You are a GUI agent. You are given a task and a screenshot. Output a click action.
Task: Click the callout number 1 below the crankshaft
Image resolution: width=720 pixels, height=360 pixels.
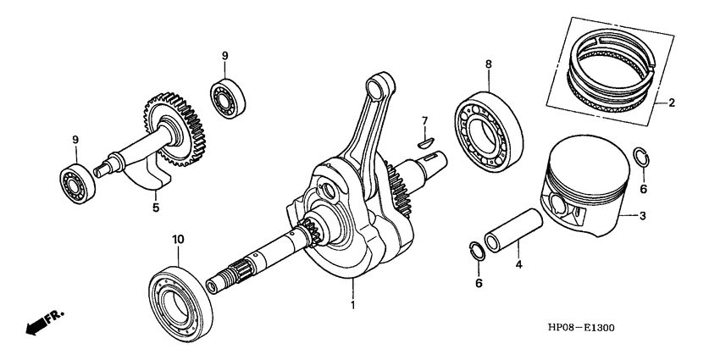pos(352,302)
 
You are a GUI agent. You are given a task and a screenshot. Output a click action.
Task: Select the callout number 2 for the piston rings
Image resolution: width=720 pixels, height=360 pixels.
pos(671,104)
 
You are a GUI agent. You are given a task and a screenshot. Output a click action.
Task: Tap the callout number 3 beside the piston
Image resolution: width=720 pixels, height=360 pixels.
pos(643,217)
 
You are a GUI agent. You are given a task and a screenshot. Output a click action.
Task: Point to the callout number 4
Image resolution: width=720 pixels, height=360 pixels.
pos(518,264)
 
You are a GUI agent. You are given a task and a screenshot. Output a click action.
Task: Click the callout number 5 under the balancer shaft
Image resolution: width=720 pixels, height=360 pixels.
pos(154,206)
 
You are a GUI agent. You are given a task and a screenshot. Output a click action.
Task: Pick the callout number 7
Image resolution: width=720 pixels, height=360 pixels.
pos(425,120)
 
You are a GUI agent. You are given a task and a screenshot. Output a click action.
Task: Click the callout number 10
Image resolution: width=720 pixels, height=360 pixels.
pos(178,240)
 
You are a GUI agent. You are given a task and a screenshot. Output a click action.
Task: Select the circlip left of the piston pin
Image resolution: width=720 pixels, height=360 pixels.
pos(477,251)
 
